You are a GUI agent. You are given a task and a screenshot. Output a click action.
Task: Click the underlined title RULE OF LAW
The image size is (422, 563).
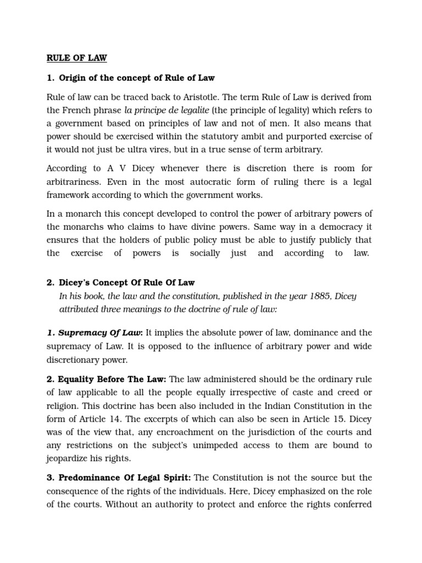point(76,57)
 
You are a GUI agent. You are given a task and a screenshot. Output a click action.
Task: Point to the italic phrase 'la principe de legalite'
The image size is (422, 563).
point(167,111)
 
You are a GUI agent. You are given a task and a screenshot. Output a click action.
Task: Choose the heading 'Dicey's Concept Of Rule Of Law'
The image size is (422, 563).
point(126,283)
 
